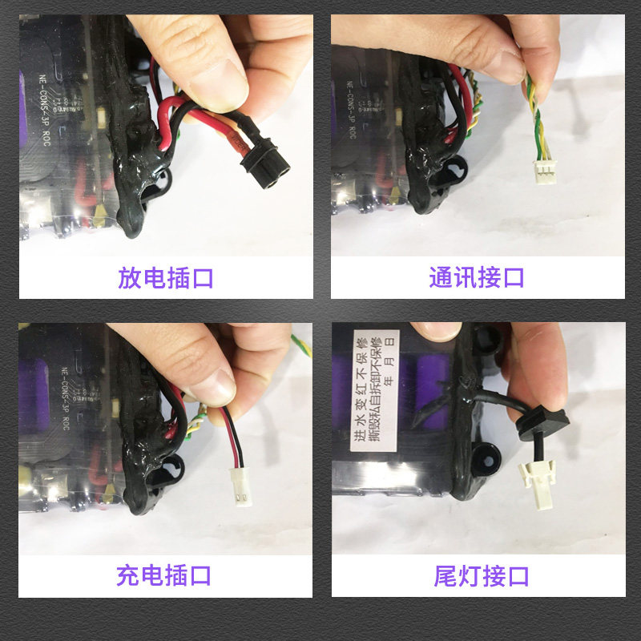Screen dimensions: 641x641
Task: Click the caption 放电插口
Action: click(166, 278)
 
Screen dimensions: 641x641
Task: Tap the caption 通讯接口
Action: click(476, 278)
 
